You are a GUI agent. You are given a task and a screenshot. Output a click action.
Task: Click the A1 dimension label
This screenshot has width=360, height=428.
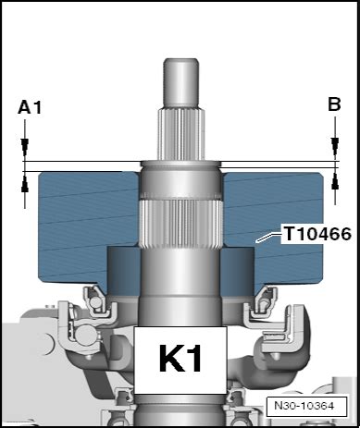[30, 108]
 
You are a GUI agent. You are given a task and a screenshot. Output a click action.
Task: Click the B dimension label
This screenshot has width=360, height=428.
[334, 104]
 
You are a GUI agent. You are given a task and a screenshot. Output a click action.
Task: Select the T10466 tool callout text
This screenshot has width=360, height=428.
[317, 234]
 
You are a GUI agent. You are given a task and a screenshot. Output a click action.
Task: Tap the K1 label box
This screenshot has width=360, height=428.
[180, 360]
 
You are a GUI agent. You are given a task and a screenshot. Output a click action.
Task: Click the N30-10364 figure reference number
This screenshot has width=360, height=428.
[304, 406]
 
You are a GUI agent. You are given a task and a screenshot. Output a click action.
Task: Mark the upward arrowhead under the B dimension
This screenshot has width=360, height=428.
[335, 182]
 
